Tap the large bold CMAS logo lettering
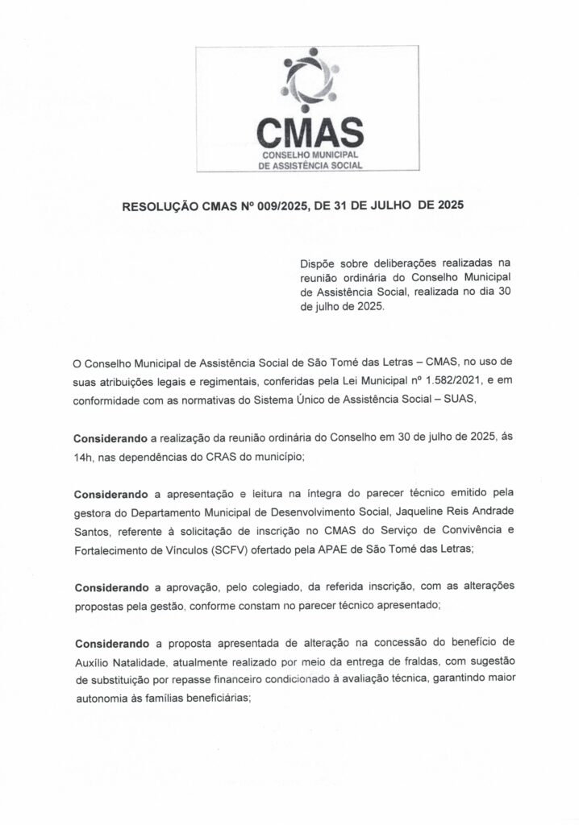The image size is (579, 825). coord(310,131)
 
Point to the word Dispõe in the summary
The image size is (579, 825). coord(317,263)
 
